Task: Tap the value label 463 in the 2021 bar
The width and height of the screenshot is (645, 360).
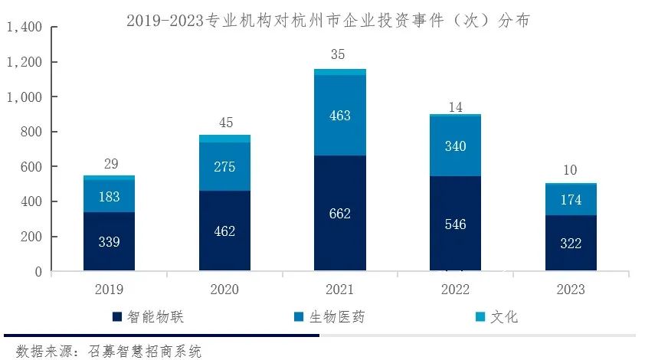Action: coord(339,116)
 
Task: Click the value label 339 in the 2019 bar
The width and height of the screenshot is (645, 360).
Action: coord(109,242)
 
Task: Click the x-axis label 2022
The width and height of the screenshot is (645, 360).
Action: coord(455,290)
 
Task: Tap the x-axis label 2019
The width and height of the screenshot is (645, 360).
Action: coord(109,290)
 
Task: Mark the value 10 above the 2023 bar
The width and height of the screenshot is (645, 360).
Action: coord(571,170)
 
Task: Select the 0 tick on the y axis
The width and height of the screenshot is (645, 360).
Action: coord(38,272)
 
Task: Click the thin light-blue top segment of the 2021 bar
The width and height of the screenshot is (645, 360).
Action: coord(339,72)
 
